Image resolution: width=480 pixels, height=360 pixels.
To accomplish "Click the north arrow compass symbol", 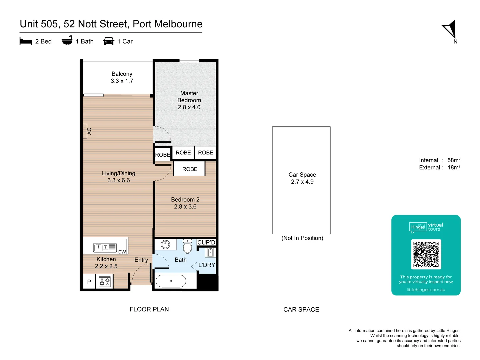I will point(450,29).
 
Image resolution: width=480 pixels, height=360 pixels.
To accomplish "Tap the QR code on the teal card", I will point(426,254).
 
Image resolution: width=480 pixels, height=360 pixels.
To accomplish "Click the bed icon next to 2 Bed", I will point(26,41).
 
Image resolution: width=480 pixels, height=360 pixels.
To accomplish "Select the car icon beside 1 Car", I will point(109,41).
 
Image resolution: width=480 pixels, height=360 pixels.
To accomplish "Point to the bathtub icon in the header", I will point(67,41).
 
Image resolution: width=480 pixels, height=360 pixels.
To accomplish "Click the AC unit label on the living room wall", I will point(89,131).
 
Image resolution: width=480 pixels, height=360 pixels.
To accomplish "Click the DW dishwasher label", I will point(122,252).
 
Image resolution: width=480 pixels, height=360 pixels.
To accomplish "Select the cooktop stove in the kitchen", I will point(105,282).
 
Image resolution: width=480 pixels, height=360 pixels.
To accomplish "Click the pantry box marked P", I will point(89,282).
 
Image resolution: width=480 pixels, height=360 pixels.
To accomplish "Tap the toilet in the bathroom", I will point(187,247).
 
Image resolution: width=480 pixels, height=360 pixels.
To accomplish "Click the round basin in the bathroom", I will point(165,244).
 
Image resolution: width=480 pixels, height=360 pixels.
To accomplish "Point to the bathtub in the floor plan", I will point(171,281).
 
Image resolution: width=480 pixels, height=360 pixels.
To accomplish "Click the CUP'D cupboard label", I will point(206,242).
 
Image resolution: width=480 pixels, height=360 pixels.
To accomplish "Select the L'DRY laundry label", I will point(207,265).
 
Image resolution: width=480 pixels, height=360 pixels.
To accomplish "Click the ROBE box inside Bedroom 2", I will point(190,169).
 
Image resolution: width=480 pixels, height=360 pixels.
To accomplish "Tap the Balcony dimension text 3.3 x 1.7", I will point(122,81).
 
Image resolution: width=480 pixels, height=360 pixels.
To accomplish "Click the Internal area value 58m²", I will point(454,160).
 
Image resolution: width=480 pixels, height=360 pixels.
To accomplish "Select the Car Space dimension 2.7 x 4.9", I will point(302,182).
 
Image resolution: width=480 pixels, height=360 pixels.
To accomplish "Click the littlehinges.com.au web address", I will point(426,290).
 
